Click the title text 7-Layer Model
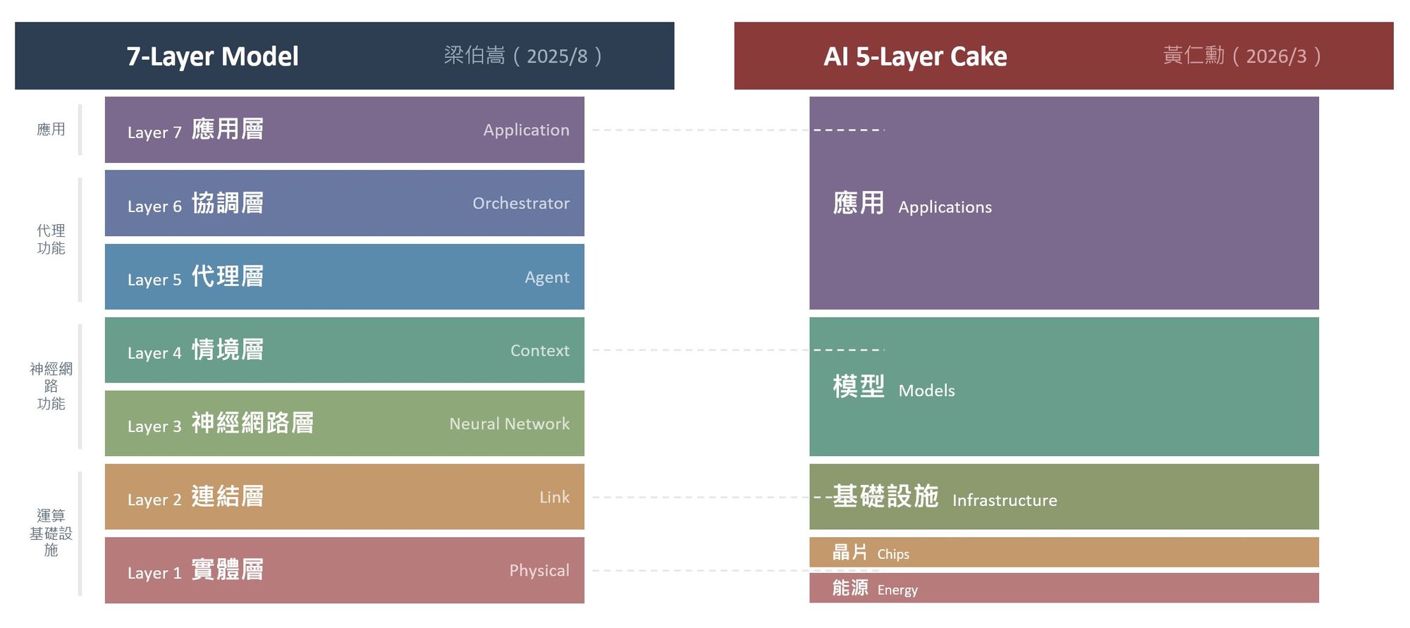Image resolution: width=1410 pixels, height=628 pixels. (x=212, y=56)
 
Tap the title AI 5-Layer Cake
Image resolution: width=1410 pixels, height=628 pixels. (x=915, y=56)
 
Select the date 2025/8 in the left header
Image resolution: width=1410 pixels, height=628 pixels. (x=557, y=56)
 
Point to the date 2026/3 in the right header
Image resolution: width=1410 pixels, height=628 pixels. (x=1276, y=56)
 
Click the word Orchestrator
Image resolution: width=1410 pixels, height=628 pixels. (x=520, y=204)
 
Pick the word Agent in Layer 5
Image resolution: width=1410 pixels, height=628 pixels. (x=546, y=278)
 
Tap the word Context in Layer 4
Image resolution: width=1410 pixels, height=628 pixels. (x=539, y=351)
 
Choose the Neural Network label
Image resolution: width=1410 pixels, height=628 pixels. (x=509, y=424)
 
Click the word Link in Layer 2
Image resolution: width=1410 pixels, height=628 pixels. (x=554, y=498)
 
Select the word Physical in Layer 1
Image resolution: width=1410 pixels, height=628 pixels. (x=539, y=571)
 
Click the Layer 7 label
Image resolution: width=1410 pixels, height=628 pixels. (x=154, y=133)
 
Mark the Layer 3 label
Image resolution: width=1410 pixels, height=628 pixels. (x=154, y=426)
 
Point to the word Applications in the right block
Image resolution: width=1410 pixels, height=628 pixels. (x=945, y=207)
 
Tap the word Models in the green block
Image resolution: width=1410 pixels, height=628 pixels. (x=926, y=390)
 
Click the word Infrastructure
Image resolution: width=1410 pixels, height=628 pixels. (x=1004, y=500)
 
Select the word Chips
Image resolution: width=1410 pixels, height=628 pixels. (x=893, y=554)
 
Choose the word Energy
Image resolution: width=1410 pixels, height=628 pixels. (x=897, y=590)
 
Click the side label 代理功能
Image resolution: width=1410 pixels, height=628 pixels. (x=51, y=240)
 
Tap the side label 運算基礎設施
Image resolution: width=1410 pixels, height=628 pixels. (x=51, y=533)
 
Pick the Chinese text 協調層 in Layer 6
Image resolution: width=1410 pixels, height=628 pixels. (x=228, y=204)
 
